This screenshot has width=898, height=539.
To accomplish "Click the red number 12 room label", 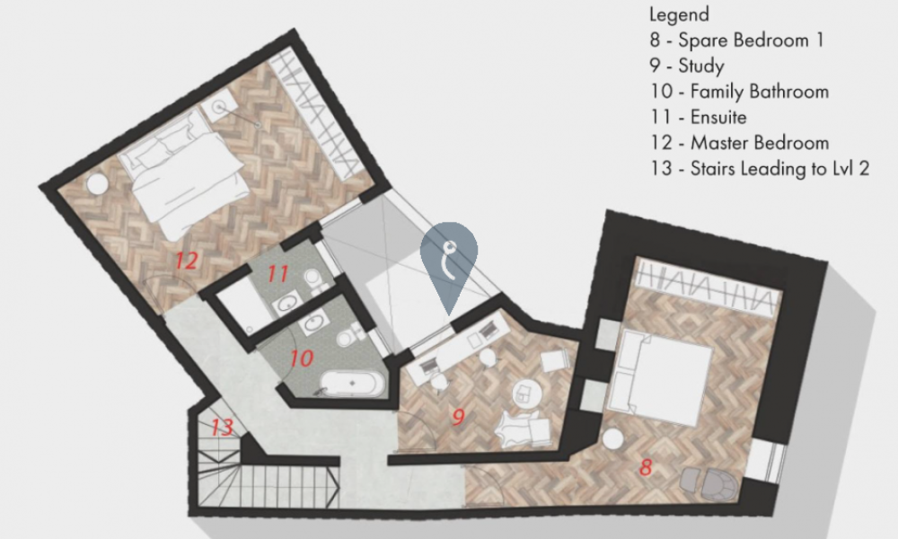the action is (x=186, y=261).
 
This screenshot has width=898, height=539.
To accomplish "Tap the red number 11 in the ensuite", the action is (x=277, y=273).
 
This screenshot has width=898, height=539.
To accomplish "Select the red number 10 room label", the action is (x=301, y=358).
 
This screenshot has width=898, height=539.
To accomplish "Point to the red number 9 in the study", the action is (x=458, y=417).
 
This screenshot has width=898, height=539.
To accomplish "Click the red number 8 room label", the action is (x=646, y=467).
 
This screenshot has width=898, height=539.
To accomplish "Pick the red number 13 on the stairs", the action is (x=222, y=427).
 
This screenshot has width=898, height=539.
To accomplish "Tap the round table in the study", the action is (x=527, y=394).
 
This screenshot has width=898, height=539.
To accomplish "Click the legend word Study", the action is (x=701, y=66).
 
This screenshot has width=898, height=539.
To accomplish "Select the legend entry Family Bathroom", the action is (x=739, y=92).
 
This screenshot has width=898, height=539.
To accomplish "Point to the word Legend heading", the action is (x=679, y=14).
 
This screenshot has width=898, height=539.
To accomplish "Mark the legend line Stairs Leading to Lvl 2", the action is (x=760, y=168).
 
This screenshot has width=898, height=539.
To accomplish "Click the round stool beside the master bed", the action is (x=97, y=185).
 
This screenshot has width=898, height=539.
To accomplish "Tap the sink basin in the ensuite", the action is (x=287, y=303).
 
